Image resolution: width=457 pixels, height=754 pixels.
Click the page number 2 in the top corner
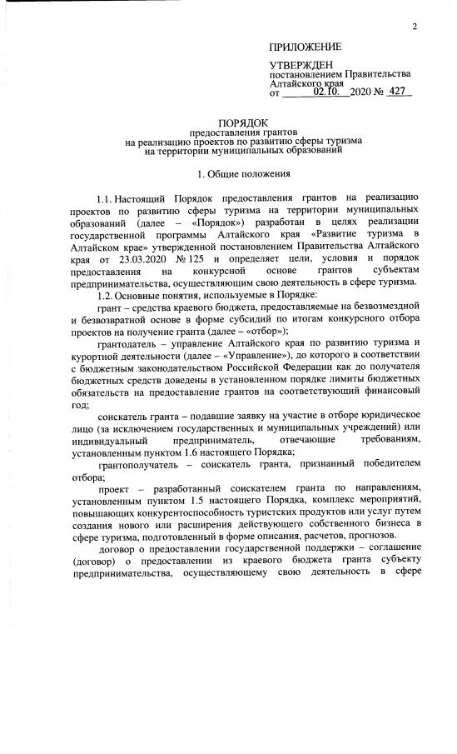(x=414, y=28)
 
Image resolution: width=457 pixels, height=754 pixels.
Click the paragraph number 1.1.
(x=109, y=201)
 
